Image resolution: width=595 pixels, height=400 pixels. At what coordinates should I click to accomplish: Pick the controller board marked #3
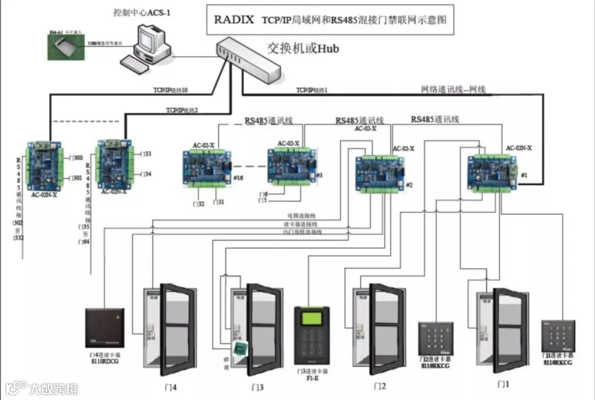292,165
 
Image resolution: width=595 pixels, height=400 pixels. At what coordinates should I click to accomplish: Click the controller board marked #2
381,171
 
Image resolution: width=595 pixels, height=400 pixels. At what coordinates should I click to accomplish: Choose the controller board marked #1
492,170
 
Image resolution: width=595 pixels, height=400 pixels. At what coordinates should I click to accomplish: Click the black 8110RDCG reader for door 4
104,328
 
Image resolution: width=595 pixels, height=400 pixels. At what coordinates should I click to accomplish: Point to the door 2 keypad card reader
434,339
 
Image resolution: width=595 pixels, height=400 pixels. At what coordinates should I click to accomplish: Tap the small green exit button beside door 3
237,348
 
